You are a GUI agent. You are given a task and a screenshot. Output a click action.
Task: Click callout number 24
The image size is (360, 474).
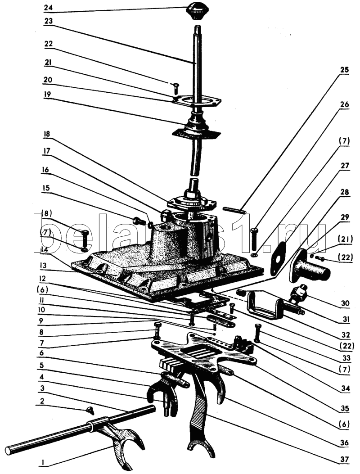49,8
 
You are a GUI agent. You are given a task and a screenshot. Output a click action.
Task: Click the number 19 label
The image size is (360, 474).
49,95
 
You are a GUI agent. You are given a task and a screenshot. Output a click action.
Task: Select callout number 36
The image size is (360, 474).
344,443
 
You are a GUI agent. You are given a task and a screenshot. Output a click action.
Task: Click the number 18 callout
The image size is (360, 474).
49,135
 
